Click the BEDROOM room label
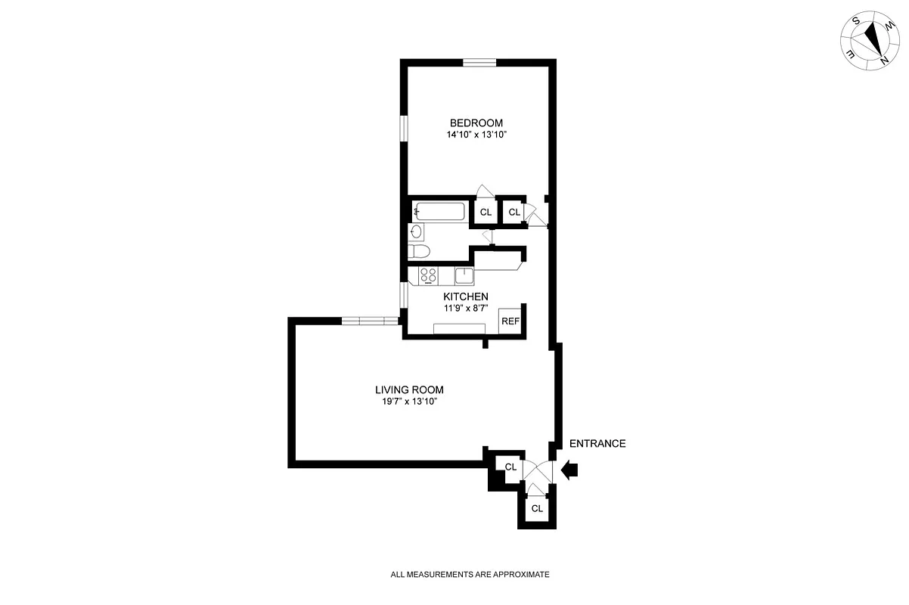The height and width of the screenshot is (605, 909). tap(476, 123)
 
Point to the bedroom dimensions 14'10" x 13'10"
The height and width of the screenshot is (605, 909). tap(476, 135)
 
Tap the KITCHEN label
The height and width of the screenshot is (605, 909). tap(465, 296)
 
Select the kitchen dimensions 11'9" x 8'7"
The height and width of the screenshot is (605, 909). tap(465, 308)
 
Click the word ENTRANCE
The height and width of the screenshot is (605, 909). tap(597, 444)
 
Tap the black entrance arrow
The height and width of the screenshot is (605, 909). tap(569, 470)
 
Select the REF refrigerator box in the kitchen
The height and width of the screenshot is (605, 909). tap(510, 321)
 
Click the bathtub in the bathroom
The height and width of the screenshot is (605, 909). tap(439, 212)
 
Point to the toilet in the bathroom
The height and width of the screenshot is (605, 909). tap(418, 252)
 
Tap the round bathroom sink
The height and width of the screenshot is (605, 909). tap(417, 231)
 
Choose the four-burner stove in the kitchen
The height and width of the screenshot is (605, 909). tap(429, 276)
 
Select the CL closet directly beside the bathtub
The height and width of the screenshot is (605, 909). tap(486, 213)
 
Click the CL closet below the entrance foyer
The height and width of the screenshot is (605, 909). tap(537, 508)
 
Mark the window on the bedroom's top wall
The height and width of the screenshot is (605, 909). tap(479, 63)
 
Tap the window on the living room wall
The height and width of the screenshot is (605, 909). tap(369, 321)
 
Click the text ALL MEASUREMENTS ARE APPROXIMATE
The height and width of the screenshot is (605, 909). tap(470, 575)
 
